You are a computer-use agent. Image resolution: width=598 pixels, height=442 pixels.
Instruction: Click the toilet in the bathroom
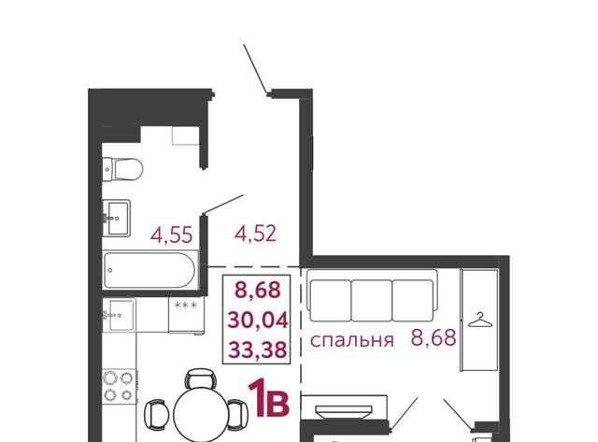coord(122,169)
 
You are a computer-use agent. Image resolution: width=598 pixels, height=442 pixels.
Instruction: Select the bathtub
coord(150,270)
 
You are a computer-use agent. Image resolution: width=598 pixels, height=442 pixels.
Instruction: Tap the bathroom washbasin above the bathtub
coord(116,218)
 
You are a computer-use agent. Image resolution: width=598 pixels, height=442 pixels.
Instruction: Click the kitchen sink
coord(119,315)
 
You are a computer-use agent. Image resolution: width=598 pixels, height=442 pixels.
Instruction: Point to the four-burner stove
coord(119,385)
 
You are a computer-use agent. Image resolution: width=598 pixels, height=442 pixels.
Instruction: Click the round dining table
coord(201,414)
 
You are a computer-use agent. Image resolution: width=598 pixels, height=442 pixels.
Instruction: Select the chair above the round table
coord(201,378)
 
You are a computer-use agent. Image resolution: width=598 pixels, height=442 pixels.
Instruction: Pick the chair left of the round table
coord(155,415)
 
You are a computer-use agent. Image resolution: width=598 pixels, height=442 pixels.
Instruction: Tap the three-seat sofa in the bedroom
coord(372,296)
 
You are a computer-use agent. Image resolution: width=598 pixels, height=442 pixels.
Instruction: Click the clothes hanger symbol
coord(479,320)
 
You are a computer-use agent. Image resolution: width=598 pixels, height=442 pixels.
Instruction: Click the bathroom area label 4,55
coord(172,235)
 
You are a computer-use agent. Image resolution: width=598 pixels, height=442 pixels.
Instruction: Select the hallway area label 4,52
coord(255,234)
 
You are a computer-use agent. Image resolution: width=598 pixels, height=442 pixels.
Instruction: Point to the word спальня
coord(351,340)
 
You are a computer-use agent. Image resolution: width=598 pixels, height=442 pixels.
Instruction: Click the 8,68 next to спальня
coord(434,337)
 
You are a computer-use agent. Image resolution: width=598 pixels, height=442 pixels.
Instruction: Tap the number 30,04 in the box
coord(258,320)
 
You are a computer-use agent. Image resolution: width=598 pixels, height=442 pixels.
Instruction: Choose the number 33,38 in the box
coord(258,349)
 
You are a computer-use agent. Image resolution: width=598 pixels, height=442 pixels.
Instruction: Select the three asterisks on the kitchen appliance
coord(185,305)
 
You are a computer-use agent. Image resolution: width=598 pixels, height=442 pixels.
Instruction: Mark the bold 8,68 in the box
coord(258,289)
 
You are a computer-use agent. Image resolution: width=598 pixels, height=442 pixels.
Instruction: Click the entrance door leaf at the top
coord(255,68)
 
